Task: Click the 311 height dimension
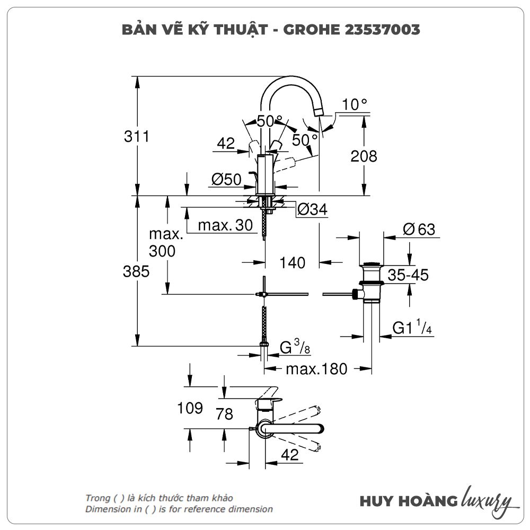click(x=137, y=137)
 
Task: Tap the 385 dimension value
click(x=136, y=272)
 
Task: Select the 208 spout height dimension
click(x=364, y=156)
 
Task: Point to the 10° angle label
click(x=355, y=104)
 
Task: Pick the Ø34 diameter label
click(x=312, y=210)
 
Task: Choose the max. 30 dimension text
click(x=225, y=225)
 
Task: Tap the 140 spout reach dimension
click(x=293, y=262)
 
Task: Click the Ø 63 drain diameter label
click(x=418, y=229)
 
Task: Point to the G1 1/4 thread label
click(x=412, y=328)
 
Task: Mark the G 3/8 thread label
click(x=295, y=348)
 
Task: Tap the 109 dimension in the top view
click(x=190, y=408)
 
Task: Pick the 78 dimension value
click(x=225, y=413)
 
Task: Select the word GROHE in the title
click(x=309, y=30)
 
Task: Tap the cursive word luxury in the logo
click(x=487, y=501)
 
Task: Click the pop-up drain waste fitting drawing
click(x=371, y=284)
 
